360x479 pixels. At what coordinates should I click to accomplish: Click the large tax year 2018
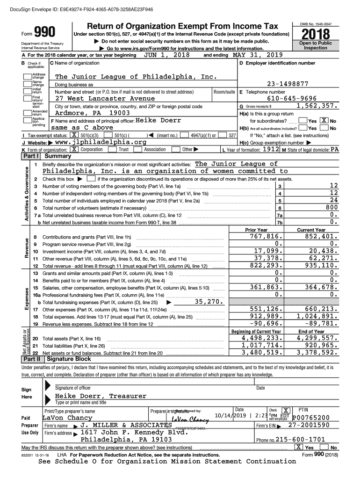pyautogui.click(x=316, y=34)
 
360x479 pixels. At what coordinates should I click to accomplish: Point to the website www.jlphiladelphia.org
pyautogui.click(x=98, y=142)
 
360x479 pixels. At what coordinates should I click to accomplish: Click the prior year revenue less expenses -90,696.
pyautogui.click(x=263, y=323)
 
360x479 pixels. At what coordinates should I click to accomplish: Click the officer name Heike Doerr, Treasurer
pyautogui.click(x=101, y=396)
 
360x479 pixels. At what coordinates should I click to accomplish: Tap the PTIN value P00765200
pyautogui.click(x=311, y=417)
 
